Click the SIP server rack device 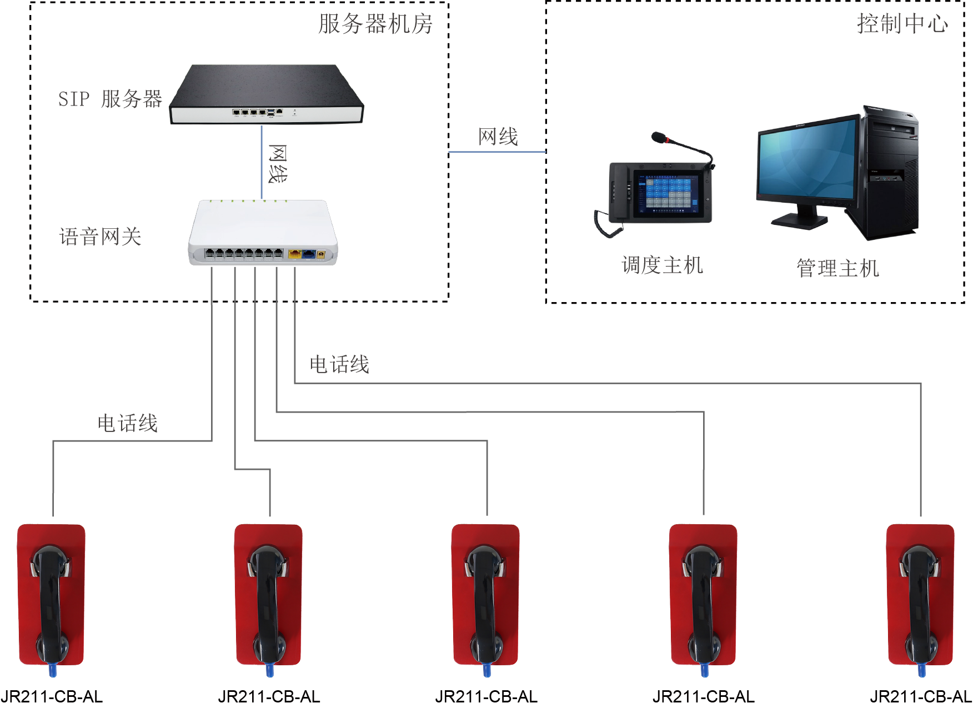tap(266, 94)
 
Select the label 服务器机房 tap(375, 24)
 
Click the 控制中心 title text tap(902, 24)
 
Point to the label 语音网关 tap(101, 237)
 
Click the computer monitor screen tap(806, 159)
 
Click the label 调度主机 tap(662, 265)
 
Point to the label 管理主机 tap(837, 268)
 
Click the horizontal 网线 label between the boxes tap(498, 137)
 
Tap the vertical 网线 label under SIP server tap(277, 164)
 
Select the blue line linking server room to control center tap(497, 152)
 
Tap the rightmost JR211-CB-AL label tap(920, 697)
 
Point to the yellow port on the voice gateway tap(294, 254)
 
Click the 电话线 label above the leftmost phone tap(128, 424)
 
